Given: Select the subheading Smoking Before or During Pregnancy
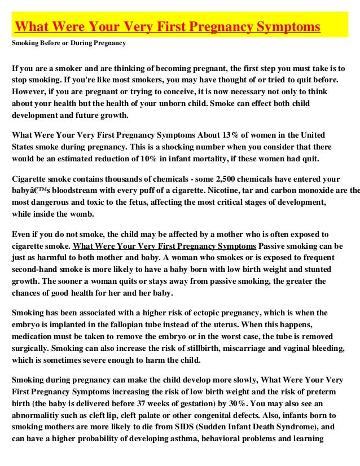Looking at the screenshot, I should (69, 43).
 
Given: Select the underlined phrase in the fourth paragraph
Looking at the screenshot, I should (164, 247).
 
